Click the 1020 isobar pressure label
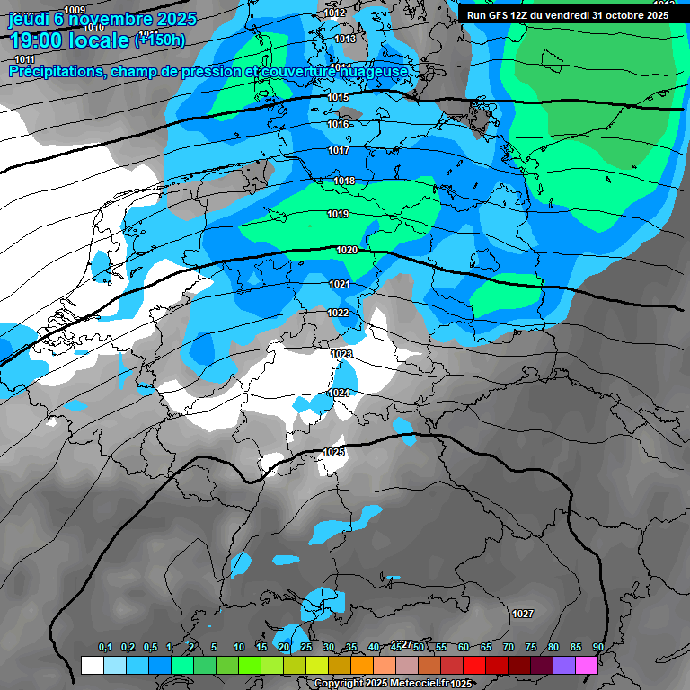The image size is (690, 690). click(348, 250)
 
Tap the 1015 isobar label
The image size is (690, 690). click(338, 97)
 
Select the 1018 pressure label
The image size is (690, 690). click(344, 181)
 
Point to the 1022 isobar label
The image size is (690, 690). click(338, 313)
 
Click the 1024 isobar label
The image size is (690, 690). click(339, 394)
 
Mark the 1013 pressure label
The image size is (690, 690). click(345, 39)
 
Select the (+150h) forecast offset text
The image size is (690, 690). click(160, 40)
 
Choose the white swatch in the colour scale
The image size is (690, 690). click(92, 665)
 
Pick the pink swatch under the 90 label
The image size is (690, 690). click(587, 665)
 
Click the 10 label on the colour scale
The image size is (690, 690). click(238, 648)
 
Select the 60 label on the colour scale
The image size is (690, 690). click(463, 648)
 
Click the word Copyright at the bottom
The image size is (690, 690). click(341, 684)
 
